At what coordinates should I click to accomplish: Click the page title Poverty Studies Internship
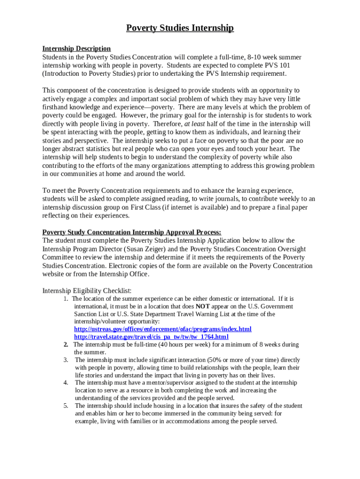180,29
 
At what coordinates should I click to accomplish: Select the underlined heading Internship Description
77,49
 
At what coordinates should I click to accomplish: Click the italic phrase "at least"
194,124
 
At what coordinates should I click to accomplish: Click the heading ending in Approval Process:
132,232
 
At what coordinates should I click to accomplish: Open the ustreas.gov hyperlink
163,329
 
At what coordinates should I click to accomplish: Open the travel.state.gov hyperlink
151,337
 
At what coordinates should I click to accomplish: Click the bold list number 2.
66,345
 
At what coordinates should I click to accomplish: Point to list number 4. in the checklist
66,383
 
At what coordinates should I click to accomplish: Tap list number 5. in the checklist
66,406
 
